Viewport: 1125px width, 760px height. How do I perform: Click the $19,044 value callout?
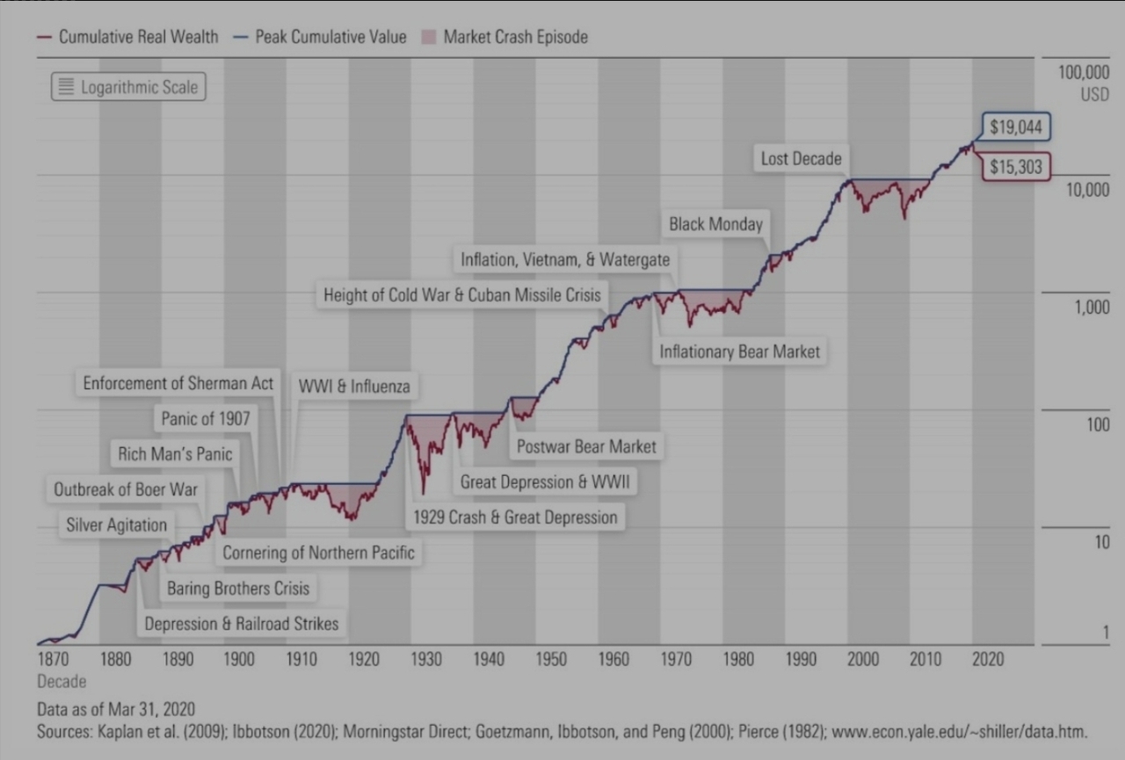pyautogui.click(x=1016, y=127)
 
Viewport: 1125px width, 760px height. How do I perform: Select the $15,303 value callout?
pyautogui.click(x=1016, y=167)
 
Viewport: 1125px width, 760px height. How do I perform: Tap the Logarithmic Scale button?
pyautogui.click(x=128, y=87)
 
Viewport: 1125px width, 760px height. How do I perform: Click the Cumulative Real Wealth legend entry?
pyautogui.click(x=128, y=37)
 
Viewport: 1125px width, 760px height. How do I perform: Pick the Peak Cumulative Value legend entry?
pyautogui.click(x=320, y=37)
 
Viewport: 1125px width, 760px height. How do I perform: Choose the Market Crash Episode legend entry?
pyautogui.click(x=504, y=37)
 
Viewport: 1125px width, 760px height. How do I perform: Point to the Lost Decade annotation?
pyautogui.click(x=801, y=159)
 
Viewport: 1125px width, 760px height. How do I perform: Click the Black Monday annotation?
pyautogui.click(x=715, y=224)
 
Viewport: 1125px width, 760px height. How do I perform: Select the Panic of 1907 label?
pyautogui.click(x=206, y=418)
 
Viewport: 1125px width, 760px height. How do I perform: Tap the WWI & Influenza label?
pyautogui.click(x=354, y=386)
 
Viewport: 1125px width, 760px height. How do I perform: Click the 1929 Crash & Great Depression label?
pyautogui.click(x=515, y=517)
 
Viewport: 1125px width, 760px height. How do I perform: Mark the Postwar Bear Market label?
pyautogui.click(x=586, y=446)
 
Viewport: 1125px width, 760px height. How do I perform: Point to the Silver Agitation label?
pyautogui.click(x=117, y=525)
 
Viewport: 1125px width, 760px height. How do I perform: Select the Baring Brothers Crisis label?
pyautogui.click(x=238, y=588)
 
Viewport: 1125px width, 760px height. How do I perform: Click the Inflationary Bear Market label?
pyautogui.click(x=739, y=351)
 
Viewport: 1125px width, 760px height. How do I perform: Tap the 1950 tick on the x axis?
pyautogui.click(x=551, y=659)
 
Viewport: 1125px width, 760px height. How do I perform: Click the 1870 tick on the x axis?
pyautogui.click(x=53, y=659)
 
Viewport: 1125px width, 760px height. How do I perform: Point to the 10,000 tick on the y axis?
pyautogui.click(x=1087, y=190)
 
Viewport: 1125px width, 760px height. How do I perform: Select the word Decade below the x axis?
pyautogui.click(x=62, y=681)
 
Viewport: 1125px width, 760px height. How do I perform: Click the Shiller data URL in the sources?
pyautogui.click(x=959, y=731)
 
